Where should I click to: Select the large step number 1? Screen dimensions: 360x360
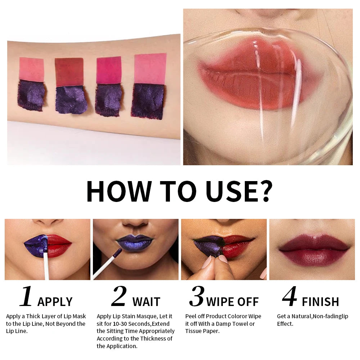pyautogui.click(x=26, y=297)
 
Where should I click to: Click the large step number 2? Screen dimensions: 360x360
pyautogui.click(x=119, y=297)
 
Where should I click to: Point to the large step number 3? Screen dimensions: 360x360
pyautogui.click(x=197, y=297)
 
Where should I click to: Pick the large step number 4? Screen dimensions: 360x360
pyautogui.click(x=289, y=297)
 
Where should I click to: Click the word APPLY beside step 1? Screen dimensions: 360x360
pyautogui.click(x=55, y=302)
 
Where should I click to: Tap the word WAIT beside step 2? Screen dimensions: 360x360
pyautogui.click(x=146, y=302)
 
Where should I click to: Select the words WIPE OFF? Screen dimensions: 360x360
pyautogui.click(x=232, y=302)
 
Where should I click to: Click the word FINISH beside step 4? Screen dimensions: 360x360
pyautogui.click(x=320, y=302)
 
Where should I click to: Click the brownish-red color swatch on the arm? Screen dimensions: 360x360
pyautogui.click(x=69, y=72)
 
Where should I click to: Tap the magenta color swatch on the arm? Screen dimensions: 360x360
pyautogui.click(x=109, y=70)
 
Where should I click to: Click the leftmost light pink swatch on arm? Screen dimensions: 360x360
pyautogui.click(x=31, y=69)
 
